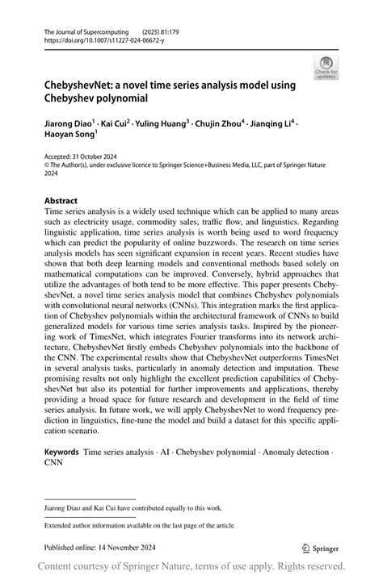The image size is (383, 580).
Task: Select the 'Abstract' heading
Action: (61, 201)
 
